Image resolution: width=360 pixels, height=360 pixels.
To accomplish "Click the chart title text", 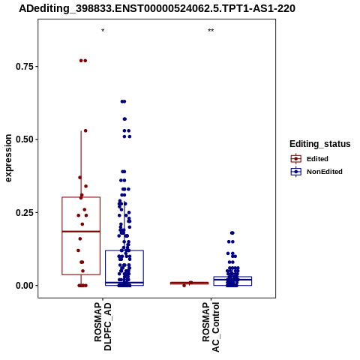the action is pyautogui.click(x=157, y=9).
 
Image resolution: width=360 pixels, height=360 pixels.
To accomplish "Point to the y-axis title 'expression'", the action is pyautogui.click(x=8, y=158).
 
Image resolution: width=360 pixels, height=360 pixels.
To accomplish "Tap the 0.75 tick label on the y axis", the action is pyautogui.click(x=25, y=67).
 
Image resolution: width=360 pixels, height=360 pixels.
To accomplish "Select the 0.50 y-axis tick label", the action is pyautogui.click(x=25, y=139).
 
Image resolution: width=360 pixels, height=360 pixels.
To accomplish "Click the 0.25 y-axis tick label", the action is pyautogui.click(x=25, y=213).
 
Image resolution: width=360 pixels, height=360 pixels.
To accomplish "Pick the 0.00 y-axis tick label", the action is pyautogui.click(x=25, y=286).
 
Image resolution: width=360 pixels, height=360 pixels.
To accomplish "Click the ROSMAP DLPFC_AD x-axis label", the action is pyautogui.click(x=103, y=326).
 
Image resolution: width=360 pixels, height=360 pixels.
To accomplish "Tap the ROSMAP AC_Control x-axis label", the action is pyautogui.click(x=211, y=327).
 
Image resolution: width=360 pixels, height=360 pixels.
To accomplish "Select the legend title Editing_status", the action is pyautogui.click(x=320, y=144).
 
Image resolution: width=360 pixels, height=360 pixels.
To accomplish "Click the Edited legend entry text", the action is pyautogui.click(x=317, y=159).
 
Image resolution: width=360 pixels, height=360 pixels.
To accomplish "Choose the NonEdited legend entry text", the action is pyautogui.click(x=325, y=172).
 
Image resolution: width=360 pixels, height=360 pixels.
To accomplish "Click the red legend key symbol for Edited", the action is pyautogui.click(x=296, y=159).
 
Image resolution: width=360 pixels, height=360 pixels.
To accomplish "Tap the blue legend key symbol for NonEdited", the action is pyautogui.click(x=296, y=172).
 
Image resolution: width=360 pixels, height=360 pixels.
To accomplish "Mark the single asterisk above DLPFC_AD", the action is pyautogui.click(x=103, y=31).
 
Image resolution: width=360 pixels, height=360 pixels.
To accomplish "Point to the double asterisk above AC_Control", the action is pyautogui.click(x=211, y=31).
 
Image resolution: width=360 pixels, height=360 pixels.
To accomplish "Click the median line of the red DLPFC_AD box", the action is pyautogui.click(x=81, y=232).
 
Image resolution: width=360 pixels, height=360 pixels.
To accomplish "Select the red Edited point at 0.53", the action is pyautogui.click(x=85, y=130).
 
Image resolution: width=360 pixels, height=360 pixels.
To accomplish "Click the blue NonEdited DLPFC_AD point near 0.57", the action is pyautogui.click(x=124, y=119).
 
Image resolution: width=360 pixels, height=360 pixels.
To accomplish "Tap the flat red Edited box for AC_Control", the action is pyautogui.click(x=189, y=283).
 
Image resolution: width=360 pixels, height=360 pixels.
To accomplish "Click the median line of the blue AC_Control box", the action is pyautogui.click(x=232, y=280).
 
